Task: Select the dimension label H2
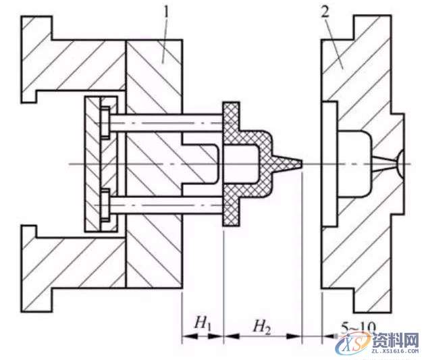pyautogui.click(x=261, y=326)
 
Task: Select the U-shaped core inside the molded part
pyautogui.click(x=203, y=163)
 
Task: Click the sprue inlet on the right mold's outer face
pyautogui.click(x=401, y=163)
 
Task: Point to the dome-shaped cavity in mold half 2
pyautogui.click(x=354, y=162)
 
